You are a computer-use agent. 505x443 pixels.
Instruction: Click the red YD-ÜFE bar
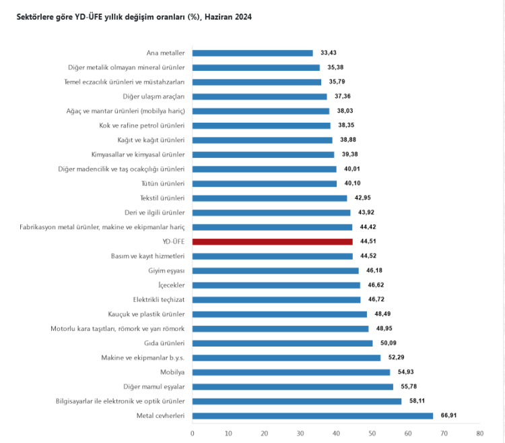click(x=272, y=241)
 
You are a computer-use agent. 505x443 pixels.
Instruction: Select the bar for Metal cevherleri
click(x=312, y=415)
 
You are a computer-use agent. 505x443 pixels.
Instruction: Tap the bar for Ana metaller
click(x=252, y=53)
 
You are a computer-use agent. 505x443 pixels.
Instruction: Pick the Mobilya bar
click(x=291, y=372)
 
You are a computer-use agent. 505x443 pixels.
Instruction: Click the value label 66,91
click(x=448, y=415)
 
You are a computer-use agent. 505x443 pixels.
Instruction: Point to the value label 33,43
click(x=329, y=53)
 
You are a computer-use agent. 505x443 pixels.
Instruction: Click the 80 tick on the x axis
click(x=479, y=433)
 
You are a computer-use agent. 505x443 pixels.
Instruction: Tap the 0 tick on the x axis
click(x=193, y=433)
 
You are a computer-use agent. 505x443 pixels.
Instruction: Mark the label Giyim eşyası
click(x=166, y=270)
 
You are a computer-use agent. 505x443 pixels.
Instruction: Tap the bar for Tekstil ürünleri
click(x=269, y=198)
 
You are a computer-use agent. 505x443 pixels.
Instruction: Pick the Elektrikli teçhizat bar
click(x=276, y=299)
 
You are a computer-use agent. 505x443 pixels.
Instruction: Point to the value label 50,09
click(x=389, y=343)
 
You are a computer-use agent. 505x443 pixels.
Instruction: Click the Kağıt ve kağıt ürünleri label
click(x=151, y=140)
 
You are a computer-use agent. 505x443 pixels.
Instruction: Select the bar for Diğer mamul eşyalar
click(x=293, y=386)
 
